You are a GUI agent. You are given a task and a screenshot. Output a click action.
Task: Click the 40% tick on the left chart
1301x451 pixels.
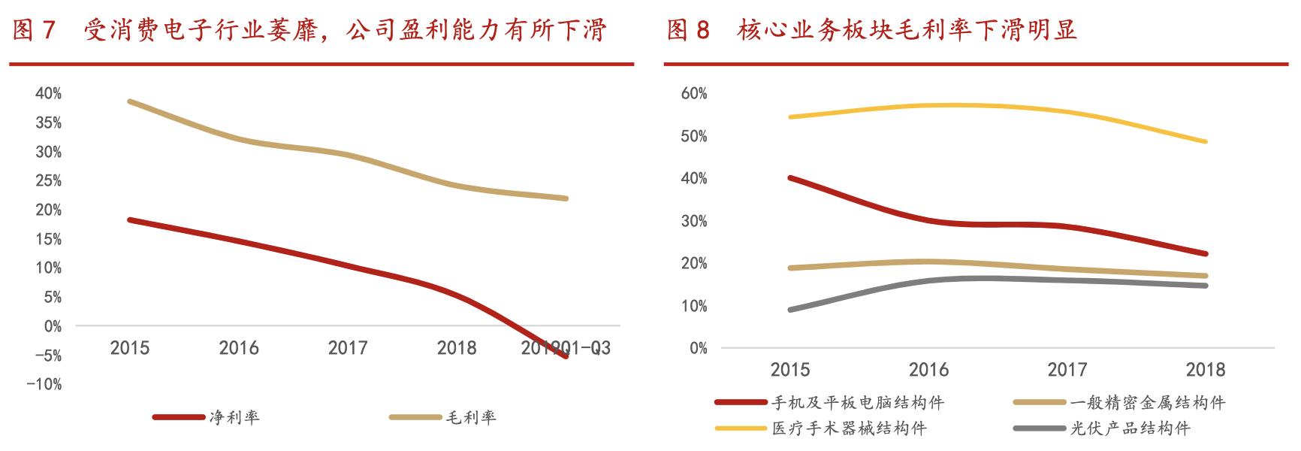pyautogui.click(x=48, y=93)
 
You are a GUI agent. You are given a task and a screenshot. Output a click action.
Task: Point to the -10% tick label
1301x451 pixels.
pyautogui.click(x=45, y=384)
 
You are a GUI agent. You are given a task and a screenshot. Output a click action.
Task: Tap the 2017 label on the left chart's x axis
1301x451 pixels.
pyautogui.click(x=348, y=348)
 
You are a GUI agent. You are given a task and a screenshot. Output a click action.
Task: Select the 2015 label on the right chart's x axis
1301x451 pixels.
pyautogui.click(x=790, y=370)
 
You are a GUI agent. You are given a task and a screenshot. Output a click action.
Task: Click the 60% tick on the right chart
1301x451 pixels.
pyautogui.click(x=694, y=93)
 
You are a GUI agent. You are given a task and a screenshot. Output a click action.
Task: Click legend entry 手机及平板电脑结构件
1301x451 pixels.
pyautogui.click(x=857, y=403)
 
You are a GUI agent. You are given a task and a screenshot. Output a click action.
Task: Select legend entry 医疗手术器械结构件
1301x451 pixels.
pyautogui.click(x=848, y=429)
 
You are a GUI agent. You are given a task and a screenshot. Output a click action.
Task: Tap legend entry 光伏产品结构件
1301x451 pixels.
pyautogui.click(x=1130, y=429)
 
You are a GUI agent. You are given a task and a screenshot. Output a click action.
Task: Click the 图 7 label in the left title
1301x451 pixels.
pyautogui.click(x=34, y=30)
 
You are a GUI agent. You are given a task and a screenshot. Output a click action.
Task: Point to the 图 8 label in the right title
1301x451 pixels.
pyautogui.click(x=688, y=30)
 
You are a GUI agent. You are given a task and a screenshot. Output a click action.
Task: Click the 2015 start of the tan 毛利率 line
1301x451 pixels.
pyautogui.click(x=130, y=101)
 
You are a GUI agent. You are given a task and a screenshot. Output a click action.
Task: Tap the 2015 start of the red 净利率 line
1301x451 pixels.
pyautogui.click(x=130, y=219)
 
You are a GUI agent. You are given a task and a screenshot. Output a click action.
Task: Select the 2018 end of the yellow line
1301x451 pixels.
pyautogui.click(x=1205, y=141)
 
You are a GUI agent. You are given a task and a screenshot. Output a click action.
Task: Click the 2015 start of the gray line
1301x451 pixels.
pyautogui.click(x=791, y=310)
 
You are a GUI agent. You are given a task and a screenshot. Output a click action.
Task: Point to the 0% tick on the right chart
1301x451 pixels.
pyautogui.click(x=698, y=348)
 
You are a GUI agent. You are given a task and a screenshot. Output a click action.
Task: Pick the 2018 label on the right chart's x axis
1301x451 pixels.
pyautogui.click(x=1205, y=370)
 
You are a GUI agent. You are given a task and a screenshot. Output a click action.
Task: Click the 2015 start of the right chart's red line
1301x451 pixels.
pyautogui.click(x=791, y=177)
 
